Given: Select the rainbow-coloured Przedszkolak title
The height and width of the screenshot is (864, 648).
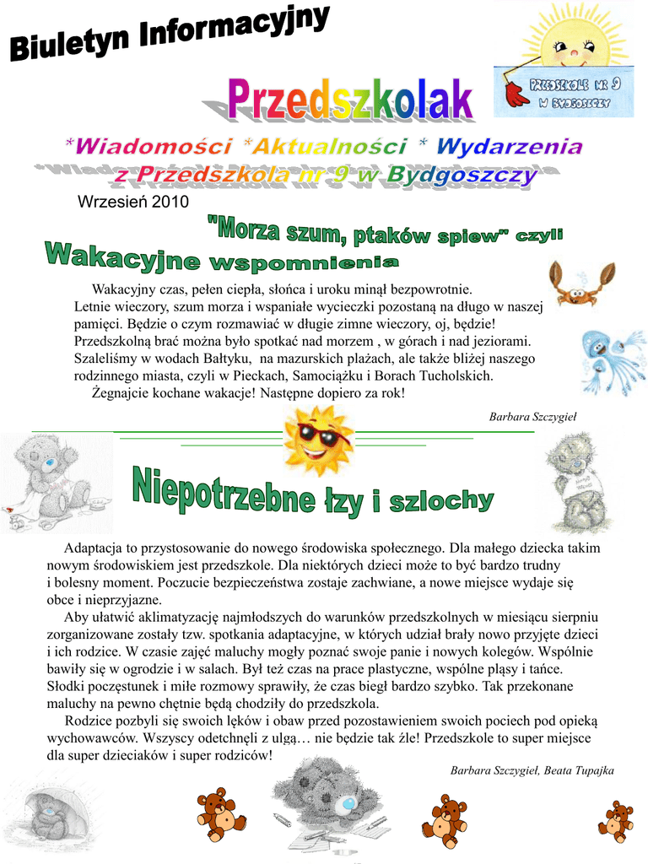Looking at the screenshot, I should click(350, 100).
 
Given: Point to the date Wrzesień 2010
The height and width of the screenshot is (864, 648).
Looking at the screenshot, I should click(133, 202).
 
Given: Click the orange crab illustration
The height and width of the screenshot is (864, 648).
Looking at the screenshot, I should click(579, 283).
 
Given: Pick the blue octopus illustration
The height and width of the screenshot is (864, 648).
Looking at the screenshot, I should click(611, 359).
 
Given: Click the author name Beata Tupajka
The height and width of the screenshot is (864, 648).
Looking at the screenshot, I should click(580, 770).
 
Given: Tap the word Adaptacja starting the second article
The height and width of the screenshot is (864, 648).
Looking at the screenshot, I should click(93, 548).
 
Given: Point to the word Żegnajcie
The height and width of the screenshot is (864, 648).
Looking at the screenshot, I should click(122, 393).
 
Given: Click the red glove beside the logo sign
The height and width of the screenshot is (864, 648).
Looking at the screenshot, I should click(514, 90).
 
